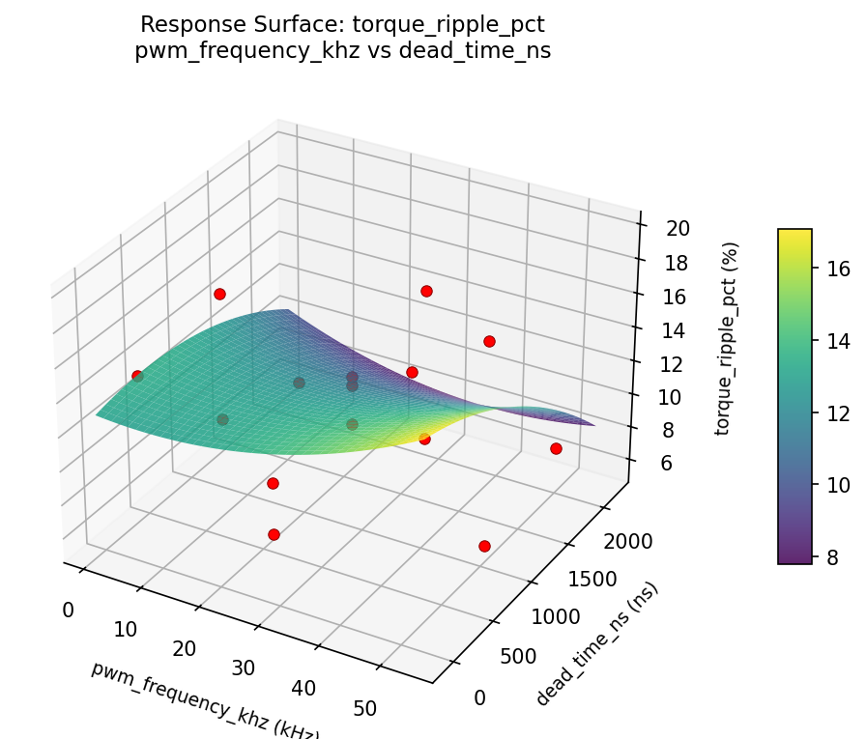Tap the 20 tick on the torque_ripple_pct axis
pos(678,229)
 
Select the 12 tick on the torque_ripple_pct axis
pos(672,364)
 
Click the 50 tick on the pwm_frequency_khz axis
pos(365,709)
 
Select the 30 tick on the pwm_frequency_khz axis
pos(244,668)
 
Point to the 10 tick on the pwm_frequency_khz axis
pos(126,630)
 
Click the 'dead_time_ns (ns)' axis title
pos(597,644)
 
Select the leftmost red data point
pos(137,376)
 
